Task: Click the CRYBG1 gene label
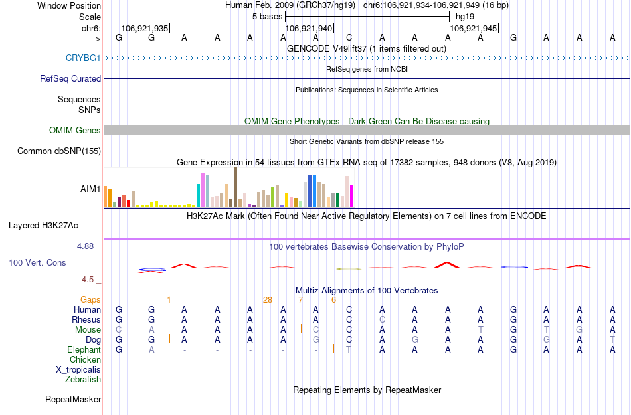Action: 83,58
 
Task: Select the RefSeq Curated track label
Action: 70,78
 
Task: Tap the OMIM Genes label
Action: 75,131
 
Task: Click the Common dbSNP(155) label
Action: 58,151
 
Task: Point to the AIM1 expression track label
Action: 90,189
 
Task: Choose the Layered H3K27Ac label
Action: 54,225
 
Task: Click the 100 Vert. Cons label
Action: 37,263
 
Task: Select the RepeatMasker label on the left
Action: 73,400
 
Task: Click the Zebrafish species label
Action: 83,380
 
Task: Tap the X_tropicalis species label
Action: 78,370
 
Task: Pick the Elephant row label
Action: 84,350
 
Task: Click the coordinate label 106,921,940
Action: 308,29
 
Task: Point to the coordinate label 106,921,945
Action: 473,29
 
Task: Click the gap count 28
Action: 268,300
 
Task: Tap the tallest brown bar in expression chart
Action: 235,187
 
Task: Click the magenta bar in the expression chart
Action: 352,195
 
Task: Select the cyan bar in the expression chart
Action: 199,195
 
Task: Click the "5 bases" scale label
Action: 268,16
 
